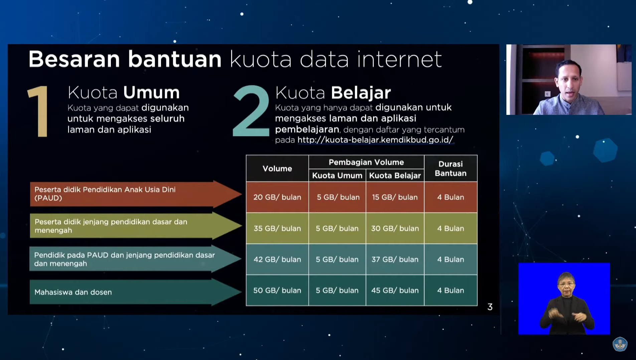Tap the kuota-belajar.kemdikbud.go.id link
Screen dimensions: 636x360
pyautogui.click(x=375, y=140)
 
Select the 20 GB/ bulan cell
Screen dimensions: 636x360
pyautogui.click(x=277, y=197)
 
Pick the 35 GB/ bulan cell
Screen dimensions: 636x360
pyautogui.click(x=277, y=228)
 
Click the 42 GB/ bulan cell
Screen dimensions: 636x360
pyautogui.click(x=277, y=259)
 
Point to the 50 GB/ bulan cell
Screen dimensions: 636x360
pyautogui.click(x=277, y=291)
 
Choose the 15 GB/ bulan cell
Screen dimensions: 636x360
pyautogui.click(x=395, y=197)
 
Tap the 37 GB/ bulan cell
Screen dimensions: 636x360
pyautogui.click(x=395, y=259)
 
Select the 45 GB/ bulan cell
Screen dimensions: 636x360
pyautogui.click(x=395, y=291)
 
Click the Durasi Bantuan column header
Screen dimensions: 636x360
pyautogui.click(x=451, y=169)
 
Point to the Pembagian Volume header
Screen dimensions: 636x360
pyautogui.click(x=366, y=162)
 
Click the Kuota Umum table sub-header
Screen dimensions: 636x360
pyautogui.click(x=337, y=175)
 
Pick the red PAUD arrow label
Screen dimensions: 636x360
pyautogui.click(x=135, y=194)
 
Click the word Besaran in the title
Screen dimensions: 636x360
pyautogui.click(x=74, y=59)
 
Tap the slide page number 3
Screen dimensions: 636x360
pyautogui.click(x=490, y=307)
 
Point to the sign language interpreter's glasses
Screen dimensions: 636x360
pyautogui.click(x=566, y=284)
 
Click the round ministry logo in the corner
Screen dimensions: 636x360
pyautogui.click(x=620, y=344)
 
